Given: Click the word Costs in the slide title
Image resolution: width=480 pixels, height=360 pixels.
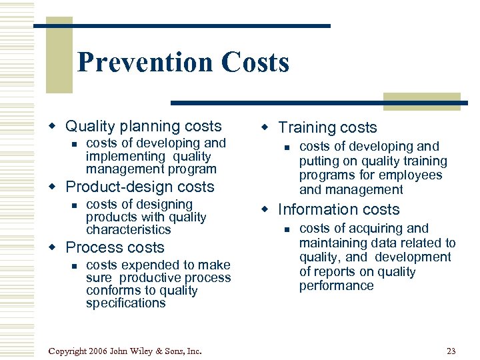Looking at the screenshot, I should [255, 63].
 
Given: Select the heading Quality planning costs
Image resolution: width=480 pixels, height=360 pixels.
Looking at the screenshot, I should [143, 126].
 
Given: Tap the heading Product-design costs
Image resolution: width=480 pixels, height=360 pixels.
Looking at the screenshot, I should [140, 187].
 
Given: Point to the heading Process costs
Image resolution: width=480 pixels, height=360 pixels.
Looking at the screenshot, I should [115, 247].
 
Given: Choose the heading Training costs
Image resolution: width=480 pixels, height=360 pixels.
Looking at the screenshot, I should [327, 127].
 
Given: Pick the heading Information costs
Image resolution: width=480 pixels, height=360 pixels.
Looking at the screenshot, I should [339, 209].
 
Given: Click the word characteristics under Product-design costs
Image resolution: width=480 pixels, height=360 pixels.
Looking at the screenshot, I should [128, 230].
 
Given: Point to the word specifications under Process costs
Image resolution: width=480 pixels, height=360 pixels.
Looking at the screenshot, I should [125, 303].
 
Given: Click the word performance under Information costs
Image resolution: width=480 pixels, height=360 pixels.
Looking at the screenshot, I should [336, 286].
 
